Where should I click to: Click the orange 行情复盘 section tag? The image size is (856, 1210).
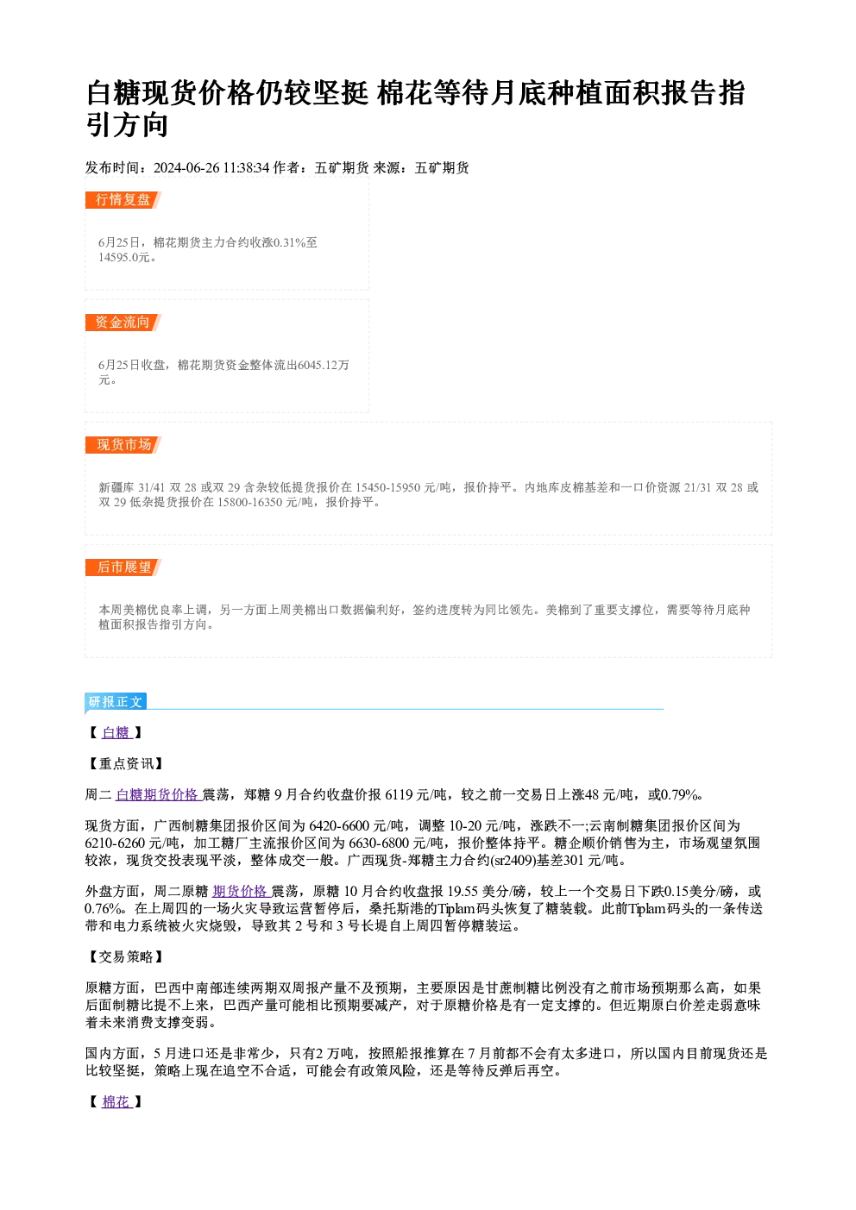(123, 200)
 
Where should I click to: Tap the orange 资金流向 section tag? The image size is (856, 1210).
(123, 323)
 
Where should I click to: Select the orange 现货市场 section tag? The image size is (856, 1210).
(123, 444)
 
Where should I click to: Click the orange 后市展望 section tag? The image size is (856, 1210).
(123, 567)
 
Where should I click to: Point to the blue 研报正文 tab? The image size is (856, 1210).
(116, 702)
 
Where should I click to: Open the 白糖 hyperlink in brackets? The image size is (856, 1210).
(116, 733)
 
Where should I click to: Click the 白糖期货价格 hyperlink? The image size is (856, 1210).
(157, 794)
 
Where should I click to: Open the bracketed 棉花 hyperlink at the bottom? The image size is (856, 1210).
(116, 1102)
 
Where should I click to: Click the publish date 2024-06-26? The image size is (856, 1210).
(186, 168)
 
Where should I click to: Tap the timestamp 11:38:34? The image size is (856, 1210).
(246, 168)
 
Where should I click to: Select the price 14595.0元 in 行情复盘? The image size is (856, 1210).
(123, 258)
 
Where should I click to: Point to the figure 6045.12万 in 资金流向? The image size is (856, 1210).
(324, 365)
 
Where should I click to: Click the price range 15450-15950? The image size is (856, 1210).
(387, 488)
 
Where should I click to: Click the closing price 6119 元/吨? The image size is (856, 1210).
(416, 794)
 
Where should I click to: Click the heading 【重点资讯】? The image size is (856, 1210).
(125, 764)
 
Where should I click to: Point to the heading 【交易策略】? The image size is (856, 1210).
(125, 957)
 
